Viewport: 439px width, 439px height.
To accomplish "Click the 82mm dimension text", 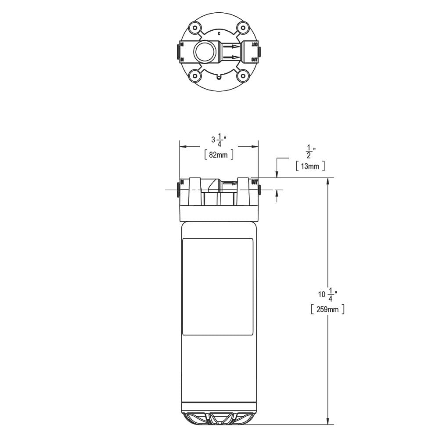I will coord(219,155).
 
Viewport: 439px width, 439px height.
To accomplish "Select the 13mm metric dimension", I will coord(310,166).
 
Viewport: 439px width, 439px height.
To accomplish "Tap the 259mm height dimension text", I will coord(327,309).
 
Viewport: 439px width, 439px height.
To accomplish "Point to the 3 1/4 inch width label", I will coord(219,140).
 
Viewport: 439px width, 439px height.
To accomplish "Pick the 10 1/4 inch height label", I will coord(327,295).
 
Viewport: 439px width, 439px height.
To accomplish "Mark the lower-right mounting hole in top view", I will coord(242,76).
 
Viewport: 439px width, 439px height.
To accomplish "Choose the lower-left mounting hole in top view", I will coord(195,76).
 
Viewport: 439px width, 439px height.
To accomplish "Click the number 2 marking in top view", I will coord(219,33).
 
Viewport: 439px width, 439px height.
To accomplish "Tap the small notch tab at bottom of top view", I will coord(219,79).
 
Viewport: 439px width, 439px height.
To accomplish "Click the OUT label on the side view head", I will coord(254,182).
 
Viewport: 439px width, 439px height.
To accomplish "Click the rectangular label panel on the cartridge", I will coord(218,287).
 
